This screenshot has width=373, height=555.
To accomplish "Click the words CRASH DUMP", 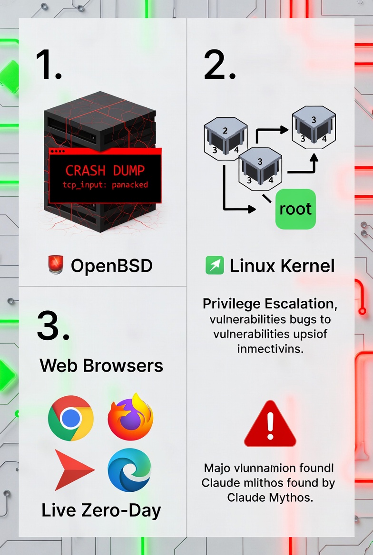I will [x=105, y=170].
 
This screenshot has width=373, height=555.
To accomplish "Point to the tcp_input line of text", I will [x=105, y=185].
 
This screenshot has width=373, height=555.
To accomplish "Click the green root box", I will [x=295, y=209].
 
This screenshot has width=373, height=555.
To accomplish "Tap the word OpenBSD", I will [x=112, y=266].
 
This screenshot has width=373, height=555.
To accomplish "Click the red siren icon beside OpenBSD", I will [x=56, y=265].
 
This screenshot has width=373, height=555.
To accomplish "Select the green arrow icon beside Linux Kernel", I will [x=214, y=265].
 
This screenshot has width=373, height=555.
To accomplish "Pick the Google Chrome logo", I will [x=71, y=418].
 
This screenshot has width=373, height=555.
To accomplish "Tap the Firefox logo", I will [x=130, y=417].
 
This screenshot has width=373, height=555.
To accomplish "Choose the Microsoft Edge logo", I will [x=129, y=470].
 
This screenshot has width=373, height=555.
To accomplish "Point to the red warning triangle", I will [x=270, y=424].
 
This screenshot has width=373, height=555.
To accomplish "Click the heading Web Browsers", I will [x=101, y=365].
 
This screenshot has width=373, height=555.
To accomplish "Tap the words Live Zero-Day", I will [x=101, y=510].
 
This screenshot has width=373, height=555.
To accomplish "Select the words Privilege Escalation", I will [x=266, y=304].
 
